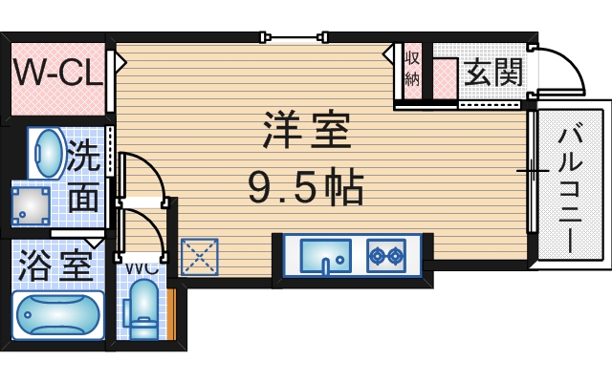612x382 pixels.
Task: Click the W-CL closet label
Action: click(x=56, y=74)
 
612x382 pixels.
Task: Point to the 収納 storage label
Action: click(x=412, y=68)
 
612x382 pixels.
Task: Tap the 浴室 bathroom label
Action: click(x=55, y=263)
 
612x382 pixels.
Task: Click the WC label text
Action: click(x=141, y=266)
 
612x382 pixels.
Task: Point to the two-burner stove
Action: click(x=386, y=255)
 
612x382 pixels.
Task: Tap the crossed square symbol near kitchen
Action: click(x=200, y=257)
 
